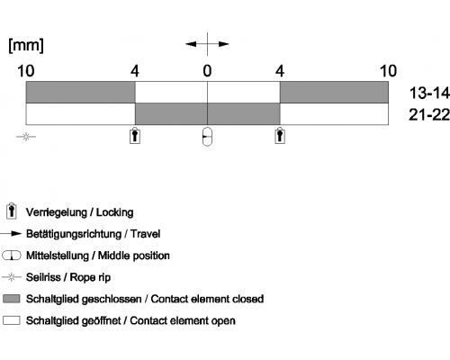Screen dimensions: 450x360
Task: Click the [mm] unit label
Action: [x=26, y=46]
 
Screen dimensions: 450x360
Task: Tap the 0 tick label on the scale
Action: [x=207, y=71]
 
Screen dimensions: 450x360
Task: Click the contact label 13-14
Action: [x=429, y=93]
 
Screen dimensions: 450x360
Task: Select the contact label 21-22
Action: [x=429, y=114]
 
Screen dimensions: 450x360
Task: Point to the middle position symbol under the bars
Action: [x=207, y=137]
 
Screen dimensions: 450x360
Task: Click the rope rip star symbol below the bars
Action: [x=26, y=137]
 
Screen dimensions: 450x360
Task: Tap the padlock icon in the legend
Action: [x=12, y=211]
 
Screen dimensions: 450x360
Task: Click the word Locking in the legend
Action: [x=114, y=212]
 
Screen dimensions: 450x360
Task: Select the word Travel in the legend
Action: [x=145, y=234]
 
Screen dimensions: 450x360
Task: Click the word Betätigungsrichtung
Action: [x=74, y=234]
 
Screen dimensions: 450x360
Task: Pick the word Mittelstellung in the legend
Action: [x=58, y=256]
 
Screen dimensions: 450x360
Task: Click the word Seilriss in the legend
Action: [x=43, y=277]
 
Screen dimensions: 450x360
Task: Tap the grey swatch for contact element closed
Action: [x=12, y=299]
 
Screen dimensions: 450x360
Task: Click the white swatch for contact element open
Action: [x=12, y=320]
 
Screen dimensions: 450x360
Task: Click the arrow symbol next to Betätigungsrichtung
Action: [x=11, y=234]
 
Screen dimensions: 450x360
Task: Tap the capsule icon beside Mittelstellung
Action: [x=12, y=256]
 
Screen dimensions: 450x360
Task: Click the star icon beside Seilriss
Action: [x=12, y=277]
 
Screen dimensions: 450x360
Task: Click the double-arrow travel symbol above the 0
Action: [x=207, y=44]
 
